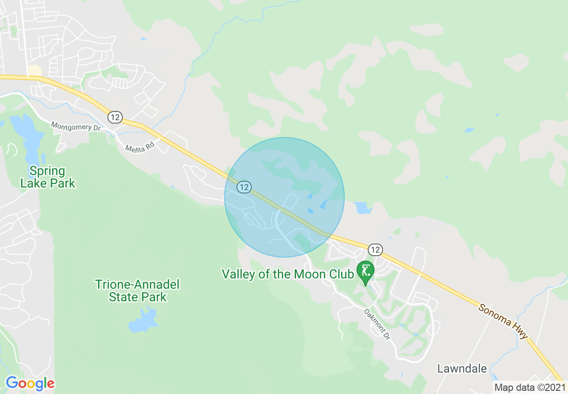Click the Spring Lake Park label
pos(48,177)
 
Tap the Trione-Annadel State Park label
pos(138,291)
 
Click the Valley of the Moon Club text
pos(288,274)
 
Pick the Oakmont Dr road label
pos(377,324)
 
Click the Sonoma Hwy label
pos(504,321)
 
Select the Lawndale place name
pos(462,368)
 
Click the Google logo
pos(30,383)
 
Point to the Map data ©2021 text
pos(529,387)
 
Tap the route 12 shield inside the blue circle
pos(244,187)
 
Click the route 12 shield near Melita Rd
pos(115,117)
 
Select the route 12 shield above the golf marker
pos(375,249)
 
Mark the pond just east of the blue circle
pos(362,207)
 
